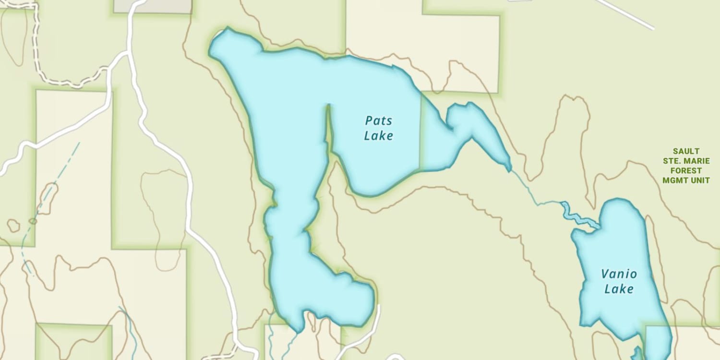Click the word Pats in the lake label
pos(378,120)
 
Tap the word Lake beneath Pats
pos(378,136)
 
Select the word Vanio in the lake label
pos(619,274)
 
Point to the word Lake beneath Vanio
pos(619,289)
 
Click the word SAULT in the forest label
pos(686,151)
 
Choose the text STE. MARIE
pos(686,161)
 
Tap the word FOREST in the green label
pos(686,171)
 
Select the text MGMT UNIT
pos(686,180)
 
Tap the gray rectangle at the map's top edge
pos(153,6)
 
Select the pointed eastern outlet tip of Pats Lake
pos(509,169)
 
